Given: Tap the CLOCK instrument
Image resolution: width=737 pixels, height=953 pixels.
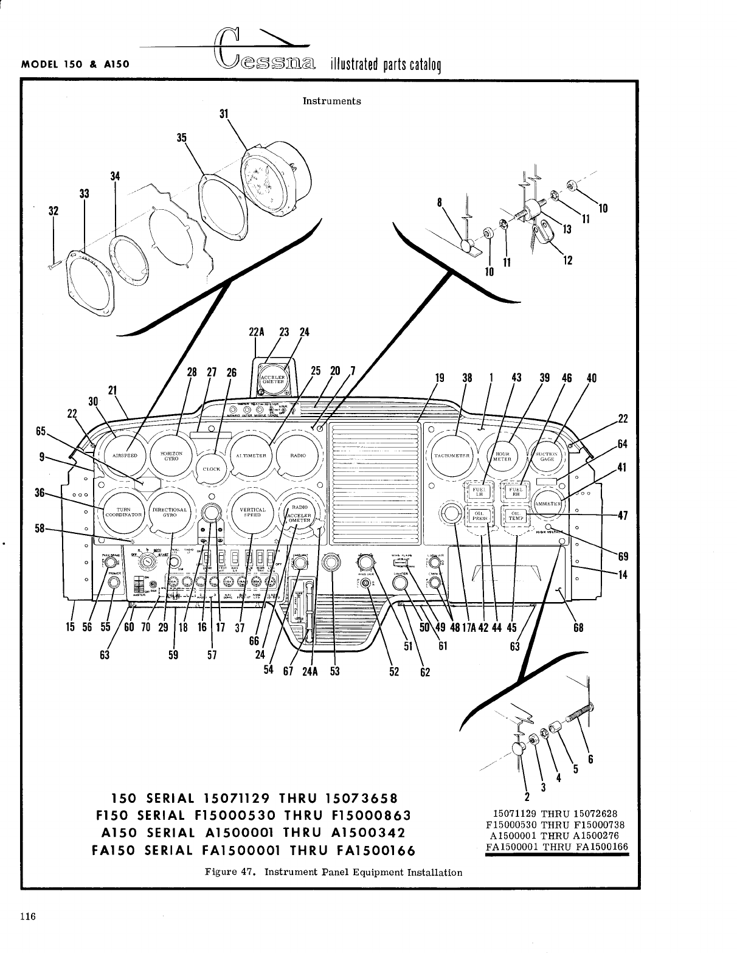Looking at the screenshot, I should [x=212, y=468].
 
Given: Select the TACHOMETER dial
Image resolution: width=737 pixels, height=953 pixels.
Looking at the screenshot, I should [x=452, y=456].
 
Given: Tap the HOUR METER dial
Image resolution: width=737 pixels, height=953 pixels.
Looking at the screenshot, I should [x=501, y=456].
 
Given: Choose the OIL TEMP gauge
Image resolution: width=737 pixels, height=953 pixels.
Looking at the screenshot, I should [x=516, y=516].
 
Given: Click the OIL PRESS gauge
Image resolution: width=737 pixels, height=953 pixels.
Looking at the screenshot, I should [x=478, y=516].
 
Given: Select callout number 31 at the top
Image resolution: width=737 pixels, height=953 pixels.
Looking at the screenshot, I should [x=223, y=113].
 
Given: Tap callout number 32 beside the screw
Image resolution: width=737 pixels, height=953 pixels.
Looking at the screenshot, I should [x=54, y=211].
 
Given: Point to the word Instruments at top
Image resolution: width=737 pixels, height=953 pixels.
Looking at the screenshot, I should [x=331, y=101].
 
